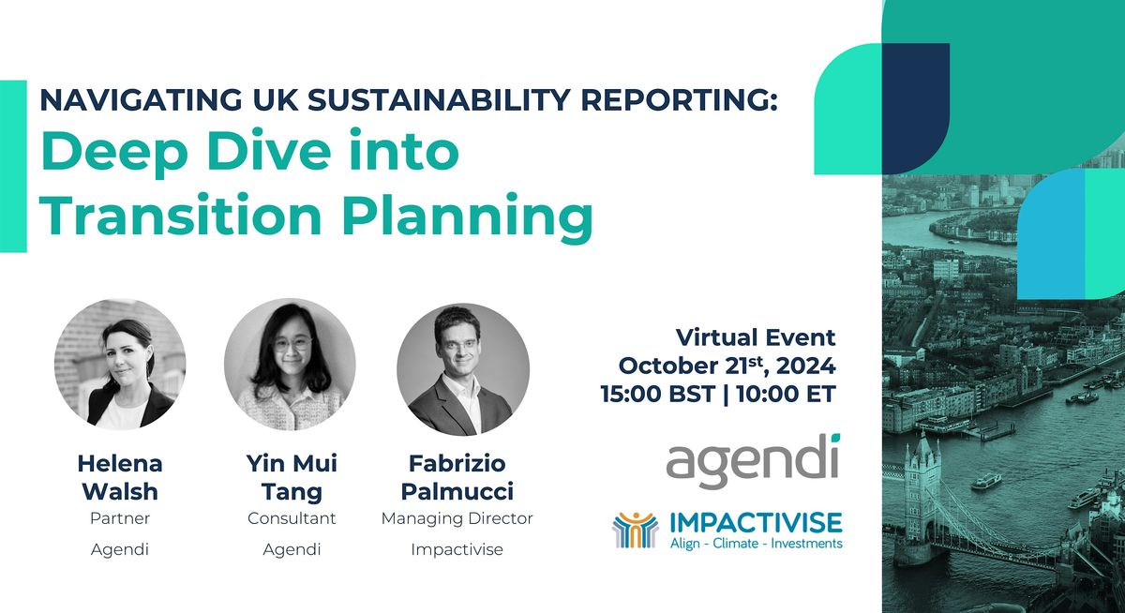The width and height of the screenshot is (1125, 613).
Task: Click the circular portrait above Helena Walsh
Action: tap(120, 365)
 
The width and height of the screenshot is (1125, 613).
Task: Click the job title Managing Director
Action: tap(457, 518)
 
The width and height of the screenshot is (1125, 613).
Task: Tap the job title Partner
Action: tap(120, 518)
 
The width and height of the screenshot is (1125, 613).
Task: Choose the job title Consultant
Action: tap(292, 518)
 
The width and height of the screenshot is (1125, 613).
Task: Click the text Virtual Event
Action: tap(756, 337)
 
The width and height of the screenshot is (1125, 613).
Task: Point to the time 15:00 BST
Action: tap(657, 394)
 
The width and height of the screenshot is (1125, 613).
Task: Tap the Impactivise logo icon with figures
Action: tap(635, 530)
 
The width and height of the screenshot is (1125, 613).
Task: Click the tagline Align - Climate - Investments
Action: tap(757, 544)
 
